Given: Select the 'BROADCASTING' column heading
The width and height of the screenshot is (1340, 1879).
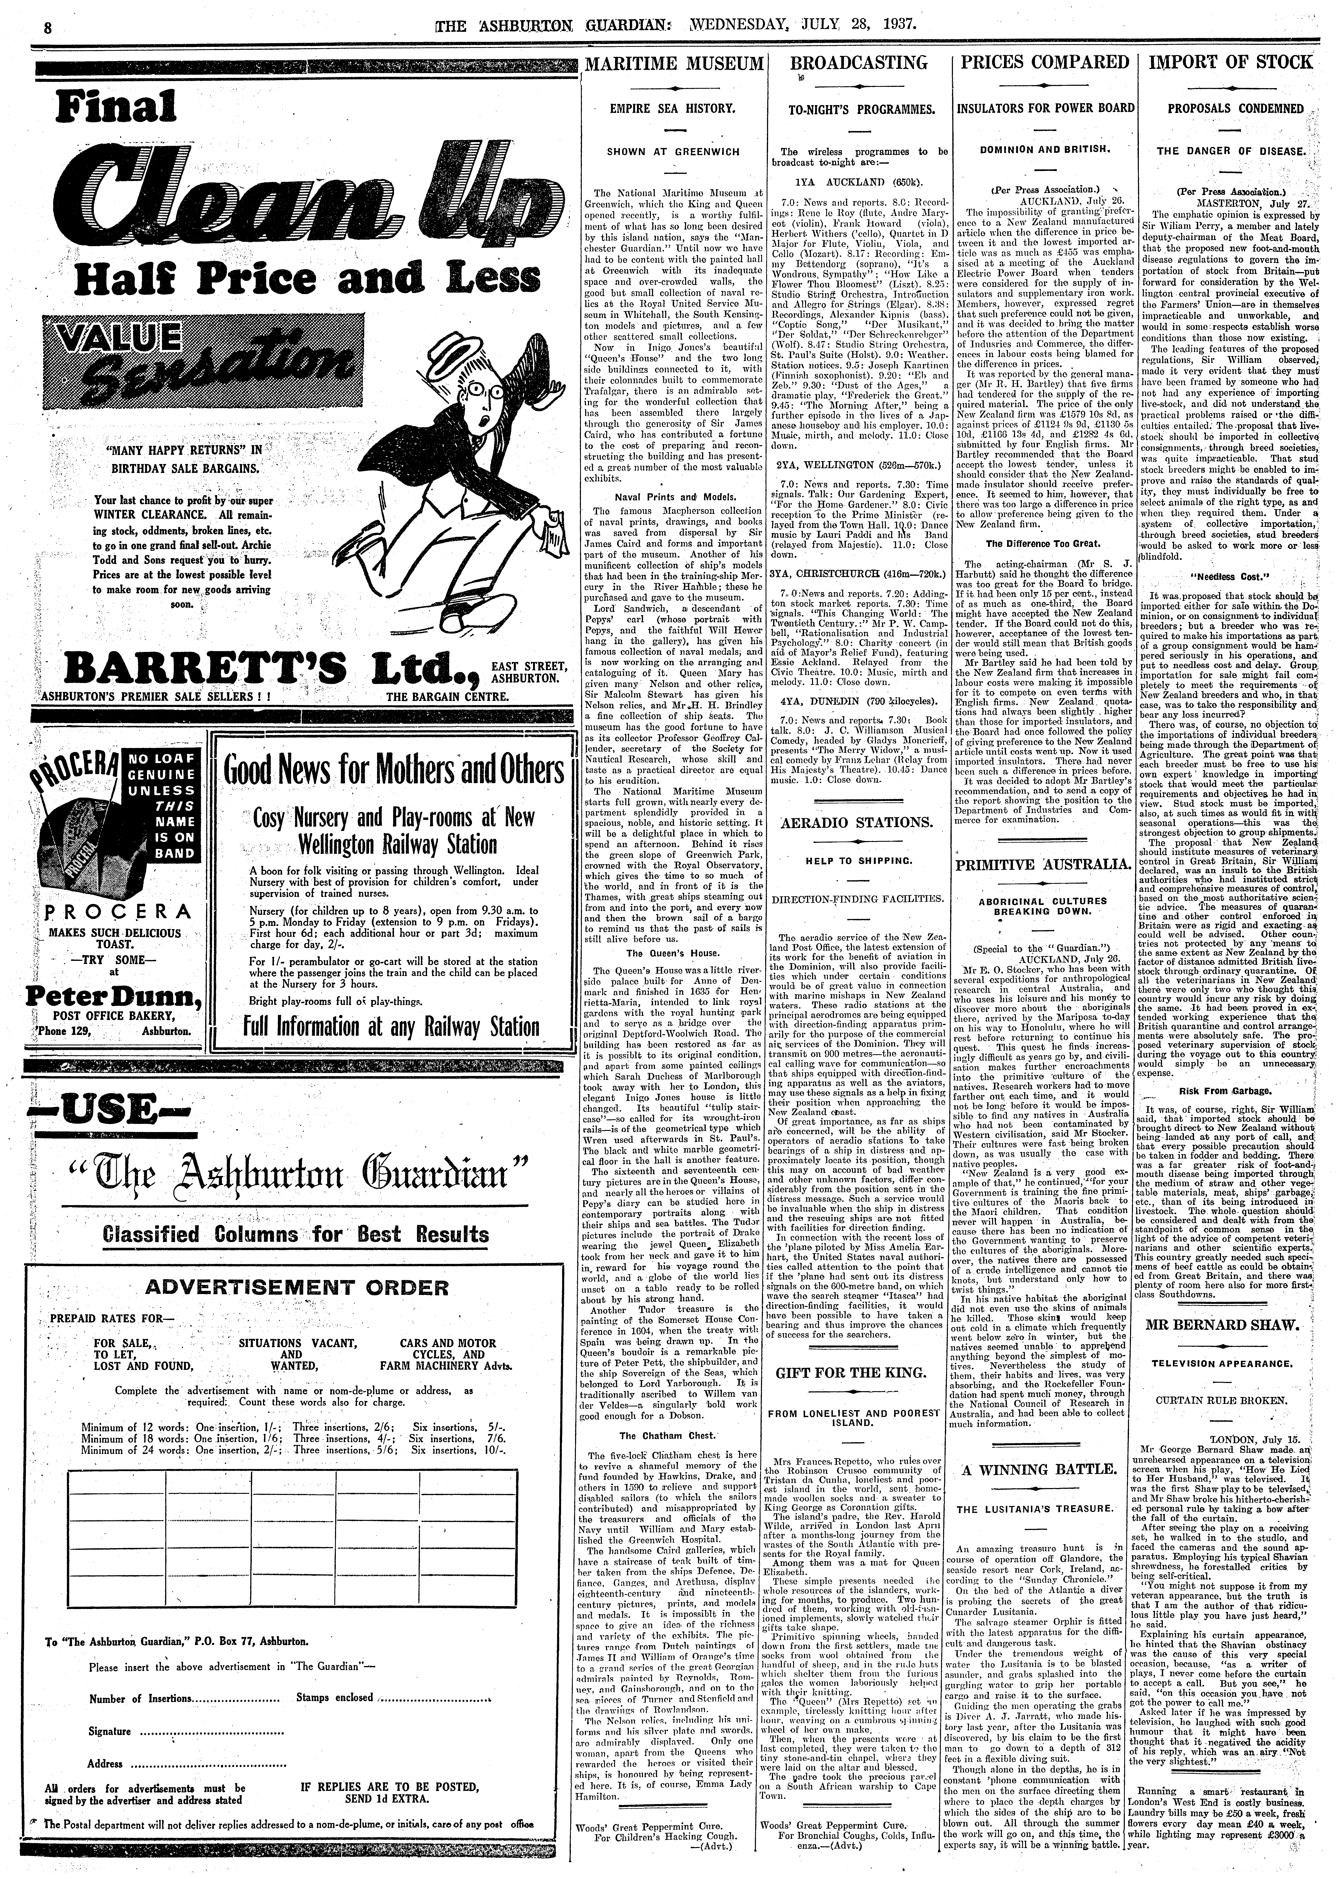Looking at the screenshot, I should pyautogui.click(x=858, y=63).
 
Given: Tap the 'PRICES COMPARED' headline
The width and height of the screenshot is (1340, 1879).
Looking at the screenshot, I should pyautogui.click(x=1044, y=63).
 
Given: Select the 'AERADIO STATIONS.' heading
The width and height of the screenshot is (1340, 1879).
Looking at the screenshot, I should pyautogui.click(x=858, y=822).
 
